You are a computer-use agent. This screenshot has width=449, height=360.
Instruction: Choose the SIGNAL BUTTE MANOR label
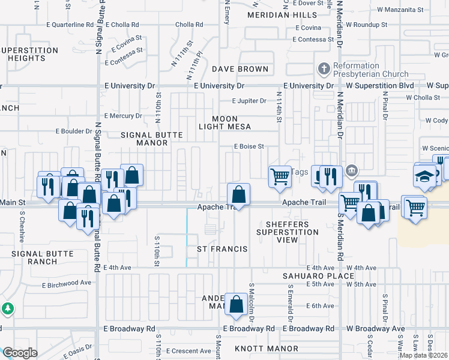click(x=152, y=139)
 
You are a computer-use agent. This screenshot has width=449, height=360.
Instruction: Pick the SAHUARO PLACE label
click(x=312, y=276)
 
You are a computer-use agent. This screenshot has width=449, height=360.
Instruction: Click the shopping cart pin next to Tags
click(x=279, y=177)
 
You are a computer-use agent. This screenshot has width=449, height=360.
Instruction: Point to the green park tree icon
click(x=7, y=309)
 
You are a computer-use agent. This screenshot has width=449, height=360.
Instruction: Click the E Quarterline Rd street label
click(x=70, y=25)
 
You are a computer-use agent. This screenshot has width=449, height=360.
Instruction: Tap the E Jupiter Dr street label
click(x=249, y=101)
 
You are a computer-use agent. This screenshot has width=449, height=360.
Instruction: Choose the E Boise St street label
click(x=249, y=146)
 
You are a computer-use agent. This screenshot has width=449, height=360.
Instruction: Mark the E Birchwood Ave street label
click(x=67, y=283)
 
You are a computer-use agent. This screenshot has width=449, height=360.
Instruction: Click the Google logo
click(x=19, y=353)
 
